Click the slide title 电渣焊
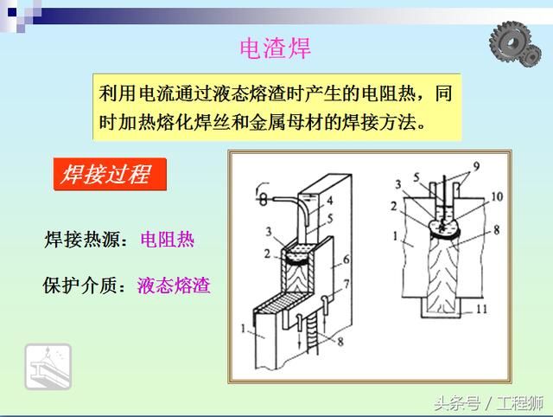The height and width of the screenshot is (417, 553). coord(275,48)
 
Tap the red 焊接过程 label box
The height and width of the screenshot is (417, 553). coord(105,176)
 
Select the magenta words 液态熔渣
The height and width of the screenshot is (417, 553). coord(174,285)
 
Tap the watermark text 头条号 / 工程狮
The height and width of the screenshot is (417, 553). coord(488,401)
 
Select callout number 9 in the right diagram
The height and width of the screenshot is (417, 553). coord(474,165)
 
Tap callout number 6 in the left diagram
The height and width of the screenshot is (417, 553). coord(345,260)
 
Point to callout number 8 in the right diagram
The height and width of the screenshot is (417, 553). coord(495,229)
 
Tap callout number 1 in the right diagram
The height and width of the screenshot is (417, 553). coord(397,235)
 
